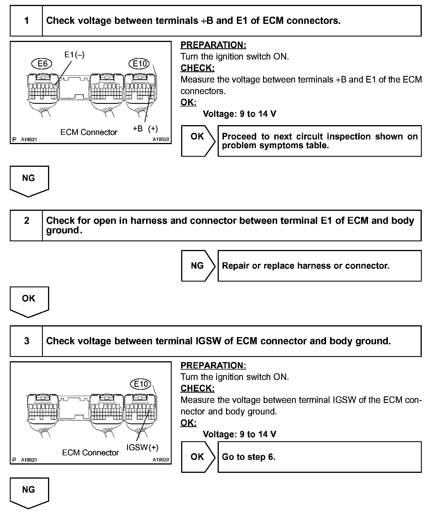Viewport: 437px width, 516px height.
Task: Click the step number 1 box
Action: pyautogui.click(x=26, y=21)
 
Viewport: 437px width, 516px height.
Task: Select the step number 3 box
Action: pyautogui.click(x=26, y=341)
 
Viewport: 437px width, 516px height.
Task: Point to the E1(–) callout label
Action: pyautogui.click(x=74, y=55)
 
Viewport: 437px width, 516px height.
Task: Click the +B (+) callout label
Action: pyautogui.click(x=145, y=129)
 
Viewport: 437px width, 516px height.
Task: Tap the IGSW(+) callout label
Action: pyautogui.click(x=142, y=447)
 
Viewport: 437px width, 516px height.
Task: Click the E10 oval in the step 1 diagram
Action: pyautogui.click(x=140, y=64)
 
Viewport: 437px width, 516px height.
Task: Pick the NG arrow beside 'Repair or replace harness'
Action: pyautogui.click(x=198, y=265)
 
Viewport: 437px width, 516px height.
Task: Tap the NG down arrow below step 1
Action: pyautogui.click(x=29, y=180)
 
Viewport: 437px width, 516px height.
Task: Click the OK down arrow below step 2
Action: pyautogui.click(x=29, y=301)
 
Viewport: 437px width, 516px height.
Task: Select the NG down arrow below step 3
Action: pyautogui.click(x=29, y=492)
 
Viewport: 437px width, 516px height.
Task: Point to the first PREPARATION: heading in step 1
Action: pyautogui.click(x=213, y=45)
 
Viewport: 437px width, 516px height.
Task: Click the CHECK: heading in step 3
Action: pyautogui.click(x=198, y=389)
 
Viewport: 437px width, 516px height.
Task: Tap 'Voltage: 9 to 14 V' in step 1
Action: pyautogui.click(x=239, y=114)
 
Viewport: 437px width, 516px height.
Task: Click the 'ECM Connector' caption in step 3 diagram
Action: pyautogui.click(x=90, y=453)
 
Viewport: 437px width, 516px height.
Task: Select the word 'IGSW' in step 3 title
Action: pyautogui.click(x=208, y=341)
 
